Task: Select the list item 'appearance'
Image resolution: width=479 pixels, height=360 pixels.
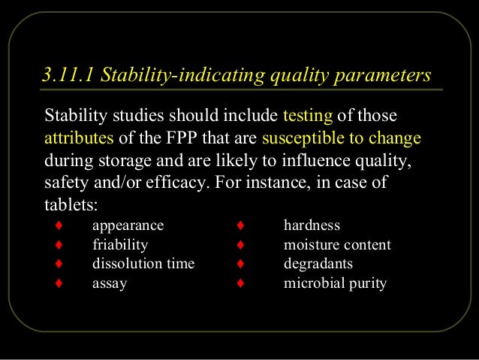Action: (128, 225)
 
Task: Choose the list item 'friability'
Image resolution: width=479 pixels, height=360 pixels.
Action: (120, 244)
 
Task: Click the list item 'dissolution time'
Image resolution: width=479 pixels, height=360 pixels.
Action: (143, 264)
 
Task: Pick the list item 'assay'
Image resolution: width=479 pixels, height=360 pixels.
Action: (110, 283)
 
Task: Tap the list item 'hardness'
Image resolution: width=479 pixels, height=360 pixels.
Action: (312, 225)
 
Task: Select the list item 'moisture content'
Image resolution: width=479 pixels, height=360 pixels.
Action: (337, 244)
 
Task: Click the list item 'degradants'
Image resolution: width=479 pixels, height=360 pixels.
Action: (318, 264)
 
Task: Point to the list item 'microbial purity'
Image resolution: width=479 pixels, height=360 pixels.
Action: (335, 283)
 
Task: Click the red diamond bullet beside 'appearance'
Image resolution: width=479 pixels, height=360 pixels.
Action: (57, 225)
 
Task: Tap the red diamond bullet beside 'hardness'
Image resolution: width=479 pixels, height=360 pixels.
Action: (239, 225)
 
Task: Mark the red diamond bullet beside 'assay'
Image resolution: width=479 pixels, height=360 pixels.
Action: (57, 283)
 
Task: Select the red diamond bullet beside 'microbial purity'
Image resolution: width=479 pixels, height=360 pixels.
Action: (239, 283)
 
